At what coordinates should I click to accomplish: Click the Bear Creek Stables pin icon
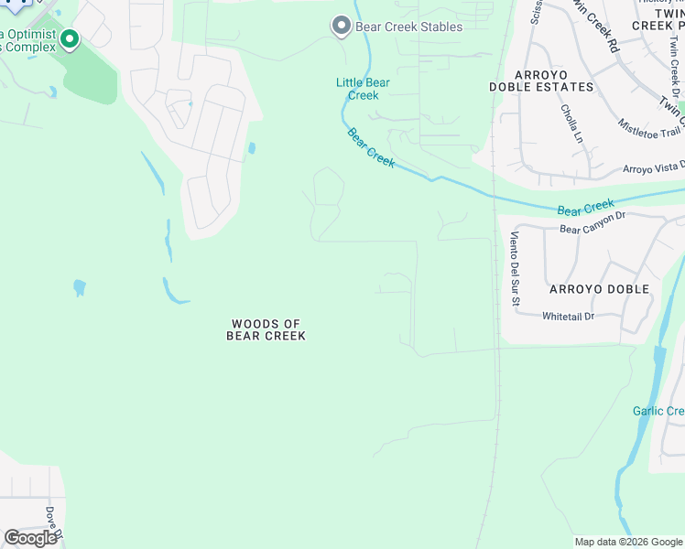point(342,26)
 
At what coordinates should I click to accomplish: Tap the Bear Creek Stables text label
point(408,27)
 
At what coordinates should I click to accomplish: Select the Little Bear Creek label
point(363,89)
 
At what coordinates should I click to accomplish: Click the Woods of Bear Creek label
point(266,329)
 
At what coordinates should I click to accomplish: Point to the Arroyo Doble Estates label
point(541,81)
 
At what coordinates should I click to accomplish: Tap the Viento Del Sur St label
point(515,269)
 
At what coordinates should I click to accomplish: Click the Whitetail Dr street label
point(568,317)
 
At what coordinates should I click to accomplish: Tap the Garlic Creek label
point(658,411)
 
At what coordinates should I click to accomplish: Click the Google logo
point(30,538)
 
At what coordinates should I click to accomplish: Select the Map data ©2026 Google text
point(627,542)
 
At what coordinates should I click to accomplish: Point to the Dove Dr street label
point(53,522)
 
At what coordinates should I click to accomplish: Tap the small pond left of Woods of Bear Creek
point(79,288)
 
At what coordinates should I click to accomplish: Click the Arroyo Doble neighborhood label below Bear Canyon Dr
point(599,289)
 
